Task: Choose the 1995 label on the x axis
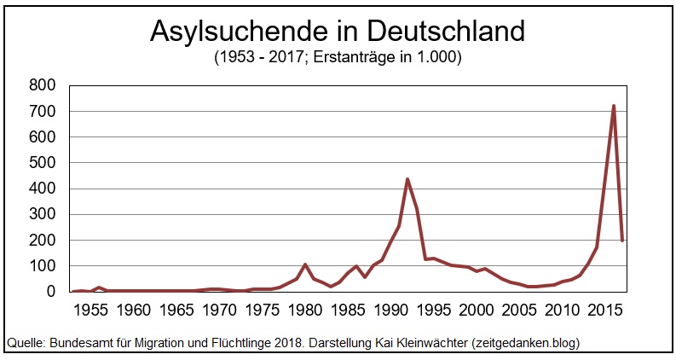pyautogui.click(x=434, y=309)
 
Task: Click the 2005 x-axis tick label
pyautogui.click(x=519, y=309)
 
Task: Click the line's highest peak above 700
pyautogui.click(x=614, y=106)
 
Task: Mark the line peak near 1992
pyautogui.click(x=407, y=179)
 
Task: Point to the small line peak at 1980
pyautogui.click(x=305, y=264)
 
